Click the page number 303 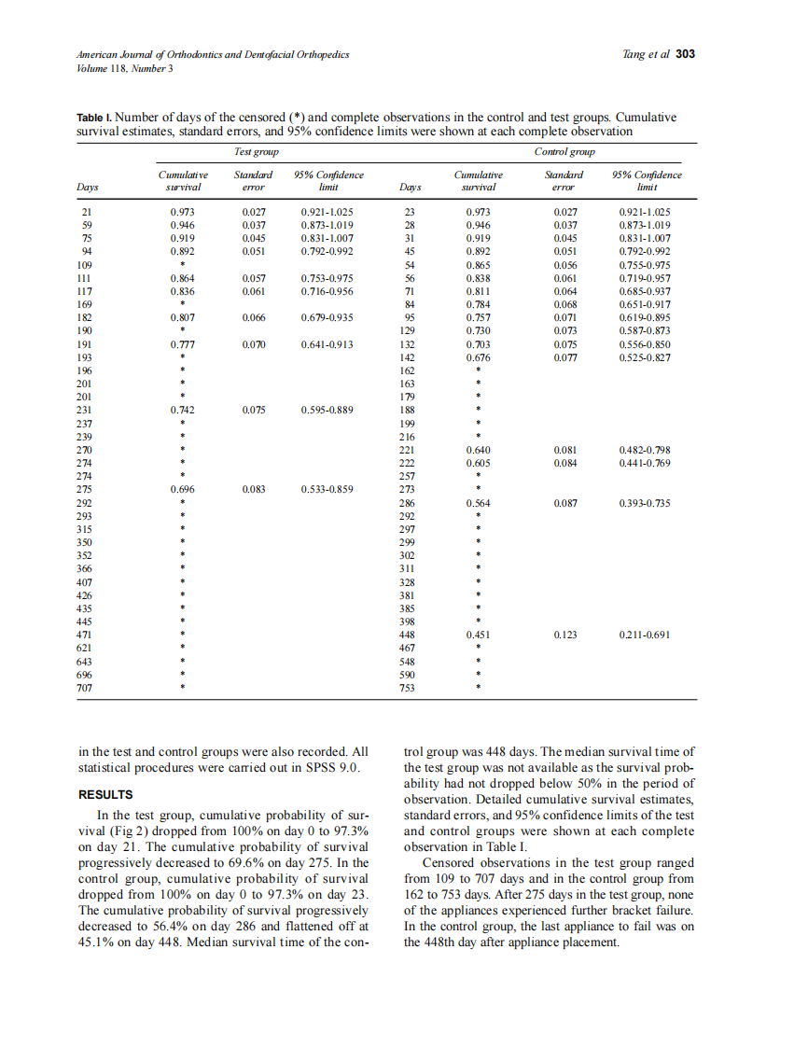(685, 54)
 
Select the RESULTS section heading (105, 795)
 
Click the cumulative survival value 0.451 (478, 635)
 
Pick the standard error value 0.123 (566, 635)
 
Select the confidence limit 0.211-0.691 (645, 635)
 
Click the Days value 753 (408, 689)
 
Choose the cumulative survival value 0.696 (183, 488)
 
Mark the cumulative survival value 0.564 (478, 503)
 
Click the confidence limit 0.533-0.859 (327, 488)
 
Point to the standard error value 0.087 (566, 503)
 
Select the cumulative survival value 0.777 (183, 344)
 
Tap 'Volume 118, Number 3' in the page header (124, 68)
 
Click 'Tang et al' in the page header (645, 54)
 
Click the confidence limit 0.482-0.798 (645, 450)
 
